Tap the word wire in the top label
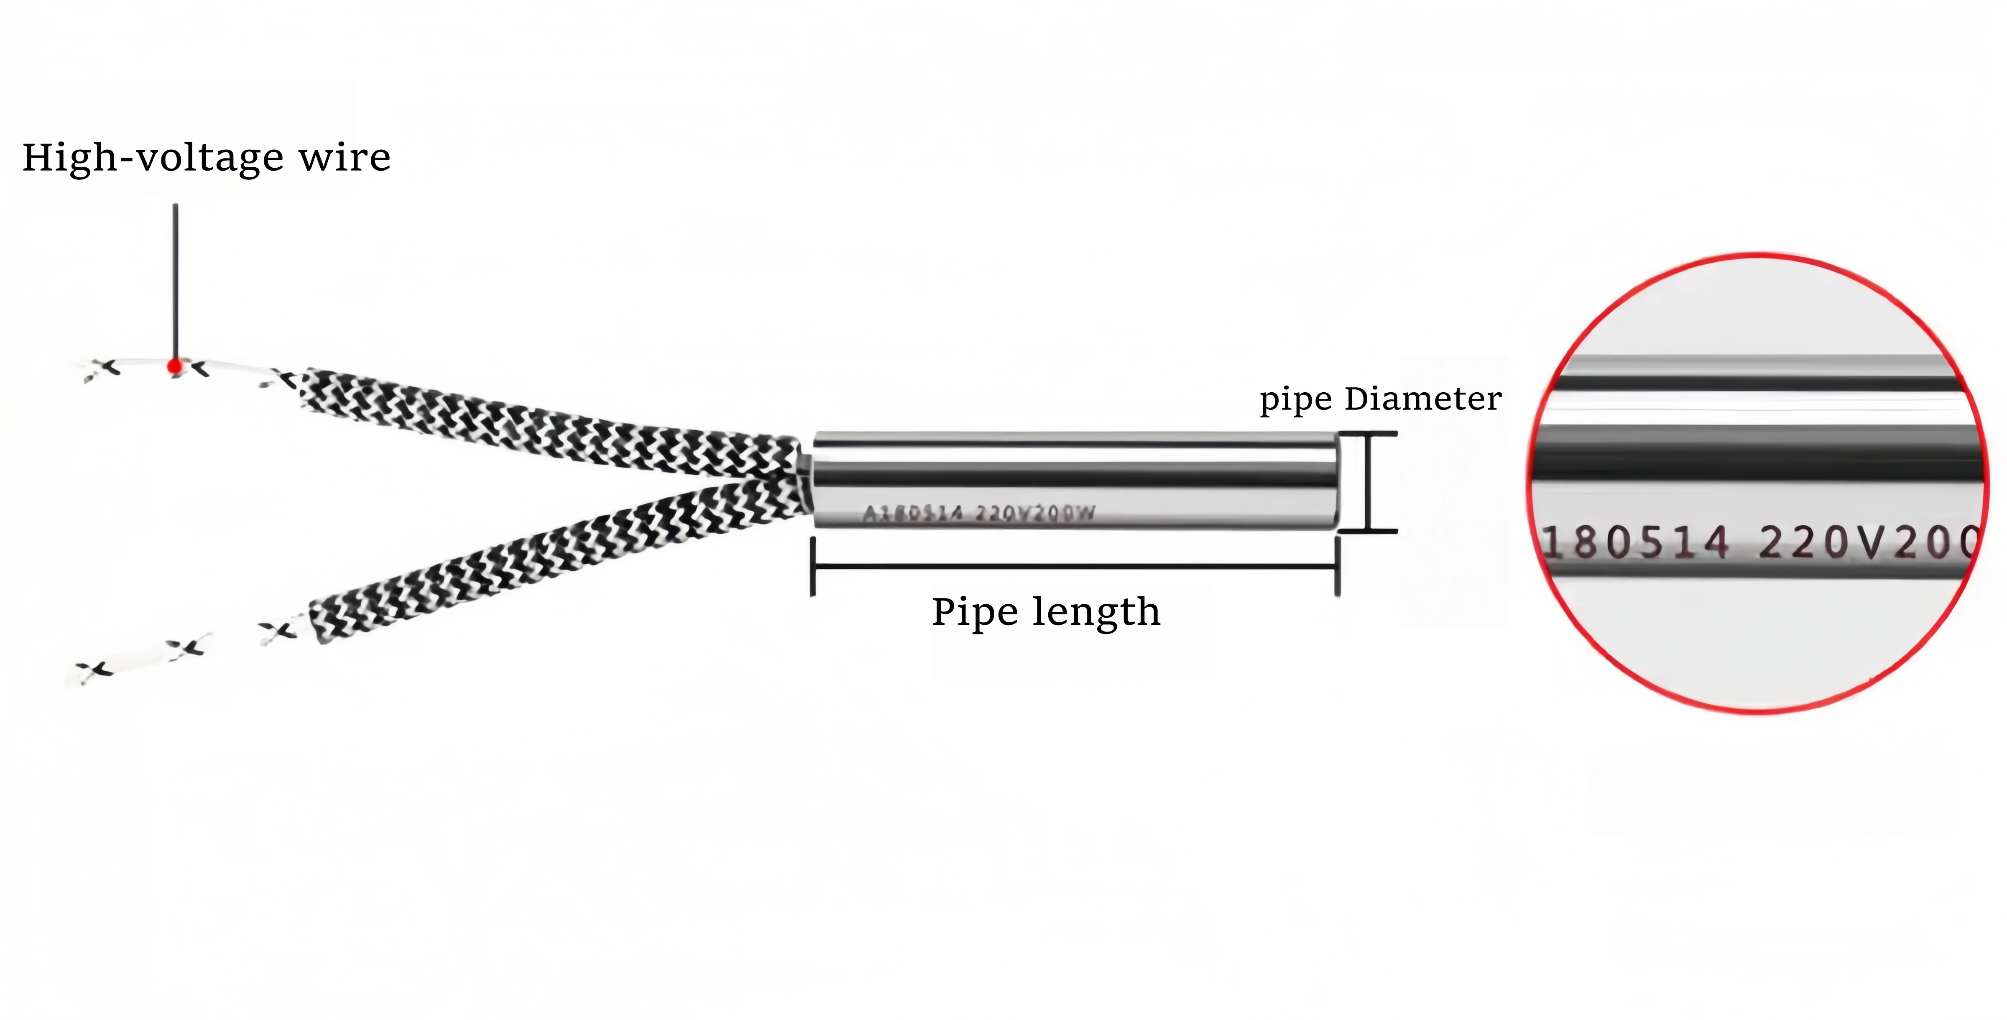coord(345,158)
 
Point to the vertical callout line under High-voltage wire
coord(175,281)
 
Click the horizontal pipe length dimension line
coord(1075,567)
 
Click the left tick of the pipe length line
coord(812,567)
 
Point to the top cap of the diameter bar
coord(1368,433)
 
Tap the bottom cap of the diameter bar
coord(1368,532)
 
